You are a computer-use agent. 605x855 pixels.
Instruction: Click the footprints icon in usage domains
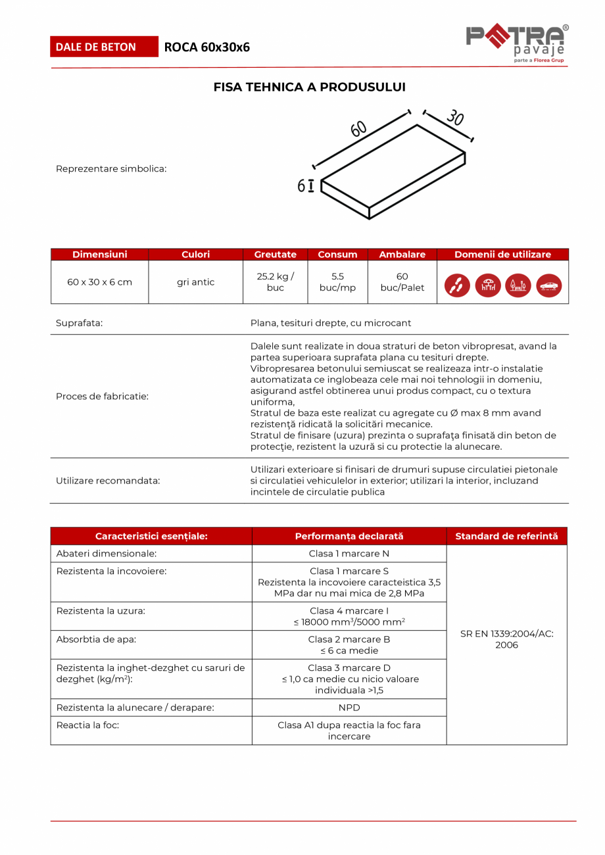tap(457, 285)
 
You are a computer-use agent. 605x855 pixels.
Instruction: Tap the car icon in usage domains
tap(549, 285)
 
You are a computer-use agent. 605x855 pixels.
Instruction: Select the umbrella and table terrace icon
tap(488, 285)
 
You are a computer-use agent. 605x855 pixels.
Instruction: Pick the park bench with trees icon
tap(518, 285)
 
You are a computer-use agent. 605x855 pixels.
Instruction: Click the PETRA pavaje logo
tap(517, 43)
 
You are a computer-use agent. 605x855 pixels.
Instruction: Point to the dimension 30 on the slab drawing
tap(455, 118)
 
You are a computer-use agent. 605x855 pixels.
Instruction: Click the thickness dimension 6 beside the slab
tap(301, 186)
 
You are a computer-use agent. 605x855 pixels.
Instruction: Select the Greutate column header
tap(275, 255)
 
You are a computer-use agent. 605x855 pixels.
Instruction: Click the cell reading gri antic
tap(195, 282)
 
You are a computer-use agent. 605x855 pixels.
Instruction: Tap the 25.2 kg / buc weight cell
tap(275, 282)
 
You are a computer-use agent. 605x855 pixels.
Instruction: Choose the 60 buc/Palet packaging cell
tap(402, 282)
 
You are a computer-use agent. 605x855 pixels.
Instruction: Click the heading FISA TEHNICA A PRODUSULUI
tap(309, 87)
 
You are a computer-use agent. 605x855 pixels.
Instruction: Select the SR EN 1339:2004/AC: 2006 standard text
tap(506, 639)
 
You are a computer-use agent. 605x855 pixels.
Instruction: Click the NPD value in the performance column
tap(349, 708)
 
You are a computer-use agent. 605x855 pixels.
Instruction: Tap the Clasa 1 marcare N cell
tap(349, 554)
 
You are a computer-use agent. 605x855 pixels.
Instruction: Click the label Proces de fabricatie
tap(102, 396)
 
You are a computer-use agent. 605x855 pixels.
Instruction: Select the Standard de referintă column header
tap(506, 536)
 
